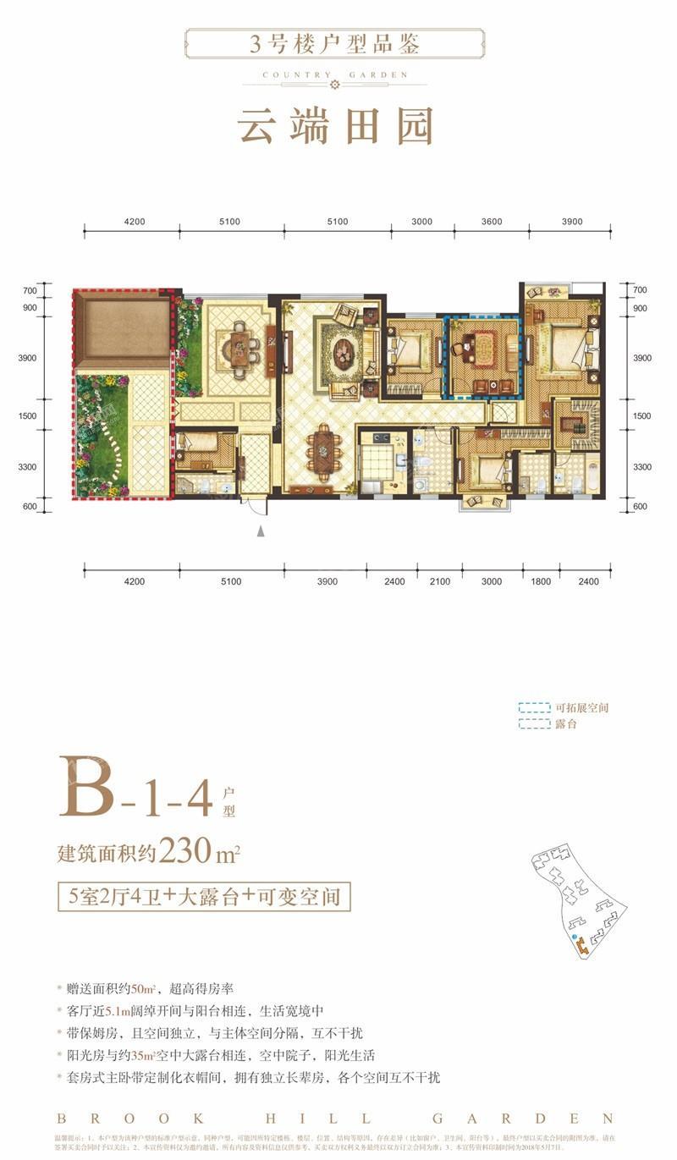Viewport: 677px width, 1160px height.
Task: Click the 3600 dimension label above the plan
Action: (491, 222)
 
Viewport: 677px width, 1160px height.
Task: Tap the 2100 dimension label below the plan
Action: (440, 581)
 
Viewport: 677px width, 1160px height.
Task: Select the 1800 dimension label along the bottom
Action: (542, 581)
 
